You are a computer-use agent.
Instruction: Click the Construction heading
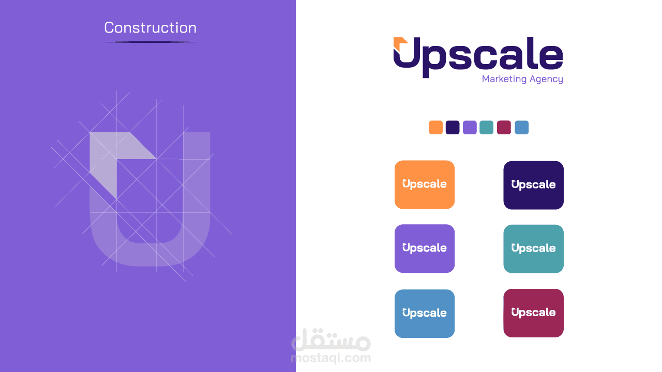pos(150,28)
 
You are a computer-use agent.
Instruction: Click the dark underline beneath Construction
pos(150,42)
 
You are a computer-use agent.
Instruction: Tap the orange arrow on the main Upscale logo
pos(400,44)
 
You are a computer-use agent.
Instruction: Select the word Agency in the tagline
pos(546,80)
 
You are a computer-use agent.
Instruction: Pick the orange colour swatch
pos(435,127)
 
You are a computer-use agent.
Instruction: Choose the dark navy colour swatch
pos(453,127)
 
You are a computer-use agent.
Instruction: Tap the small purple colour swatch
pos(470,127)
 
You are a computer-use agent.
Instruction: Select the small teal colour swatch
pos(487,127)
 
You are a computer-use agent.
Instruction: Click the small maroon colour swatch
pos(504,127)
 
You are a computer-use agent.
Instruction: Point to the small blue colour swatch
pos(522,127)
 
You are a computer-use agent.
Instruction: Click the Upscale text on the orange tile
pos(425,184)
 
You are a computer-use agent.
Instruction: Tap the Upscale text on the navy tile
pos(533,185)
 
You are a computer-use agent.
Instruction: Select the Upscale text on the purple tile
pos(425,248)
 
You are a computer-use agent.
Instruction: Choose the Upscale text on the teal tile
pos(533,249)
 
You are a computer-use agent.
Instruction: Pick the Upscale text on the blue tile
pos(425,313)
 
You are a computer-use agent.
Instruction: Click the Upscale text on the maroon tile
pos(533,313)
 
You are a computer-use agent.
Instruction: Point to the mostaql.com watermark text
pos(331,358)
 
